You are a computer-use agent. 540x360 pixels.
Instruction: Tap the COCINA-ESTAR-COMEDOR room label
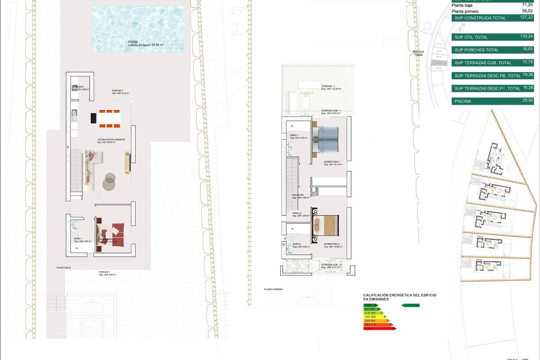111,140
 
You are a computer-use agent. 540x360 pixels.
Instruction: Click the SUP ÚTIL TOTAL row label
471,37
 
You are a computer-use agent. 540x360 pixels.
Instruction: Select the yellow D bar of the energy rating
374,317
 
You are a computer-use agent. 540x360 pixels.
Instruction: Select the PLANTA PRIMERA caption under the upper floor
274,289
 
